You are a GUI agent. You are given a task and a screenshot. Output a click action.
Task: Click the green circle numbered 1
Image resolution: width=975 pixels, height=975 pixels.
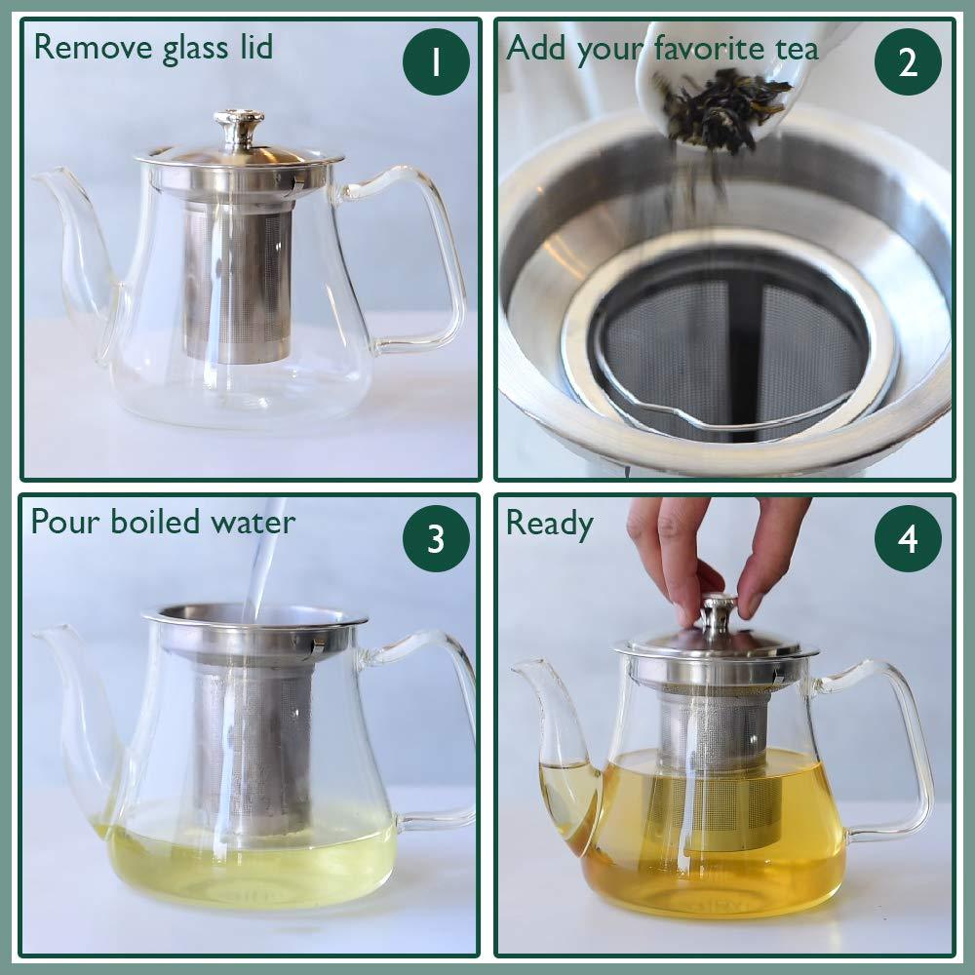click(x=436, y=62)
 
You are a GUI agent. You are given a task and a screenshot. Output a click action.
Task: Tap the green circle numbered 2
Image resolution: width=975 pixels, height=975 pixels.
click(x=908, y=62)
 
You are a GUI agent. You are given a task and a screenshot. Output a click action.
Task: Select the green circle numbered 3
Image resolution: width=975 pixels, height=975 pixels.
click(x=436, y=539)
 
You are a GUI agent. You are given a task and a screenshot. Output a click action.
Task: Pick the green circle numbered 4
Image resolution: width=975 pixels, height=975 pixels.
click(x=908, y=539)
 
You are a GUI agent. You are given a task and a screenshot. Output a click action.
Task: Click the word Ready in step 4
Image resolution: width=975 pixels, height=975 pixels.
click(x=549, y=524)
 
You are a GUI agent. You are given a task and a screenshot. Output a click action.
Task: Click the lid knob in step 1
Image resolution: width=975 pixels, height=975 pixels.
click(x=238, y=125)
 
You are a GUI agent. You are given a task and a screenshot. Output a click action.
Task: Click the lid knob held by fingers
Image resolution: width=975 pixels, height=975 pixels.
click(x=719, y=612)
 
